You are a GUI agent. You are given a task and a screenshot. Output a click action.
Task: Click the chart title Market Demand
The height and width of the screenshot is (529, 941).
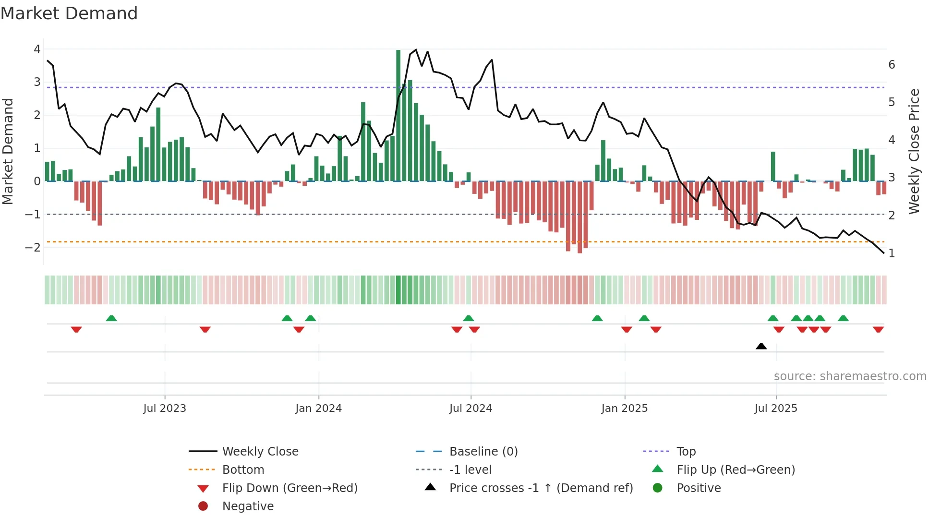tap(69, 13)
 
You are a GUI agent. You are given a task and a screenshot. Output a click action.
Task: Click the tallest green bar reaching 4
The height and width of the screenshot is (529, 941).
tap(398, 115)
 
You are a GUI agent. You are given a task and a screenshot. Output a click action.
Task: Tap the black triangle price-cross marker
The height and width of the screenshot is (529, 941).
tap(761, 346)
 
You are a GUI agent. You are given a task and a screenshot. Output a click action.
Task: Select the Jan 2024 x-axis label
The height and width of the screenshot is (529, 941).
tap(318, 409)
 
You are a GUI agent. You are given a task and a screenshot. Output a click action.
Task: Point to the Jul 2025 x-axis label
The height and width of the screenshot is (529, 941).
tap(775, 409)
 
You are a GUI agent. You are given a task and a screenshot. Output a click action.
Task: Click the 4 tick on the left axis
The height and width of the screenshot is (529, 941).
tap(37, 49)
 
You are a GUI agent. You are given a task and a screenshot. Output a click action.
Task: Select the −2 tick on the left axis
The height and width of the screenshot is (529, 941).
tap(33, 248)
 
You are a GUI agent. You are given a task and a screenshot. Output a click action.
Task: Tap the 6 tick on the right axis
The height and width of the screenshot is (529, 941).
tap(892, 65)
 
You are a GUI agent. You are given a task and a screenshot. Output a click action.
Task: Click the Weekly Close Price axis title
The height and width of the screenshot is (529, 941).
tap(914, 151)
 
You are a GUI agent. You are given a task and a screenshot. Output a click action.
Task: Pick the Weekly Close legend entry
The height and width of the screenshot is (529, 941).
tap(260, 452)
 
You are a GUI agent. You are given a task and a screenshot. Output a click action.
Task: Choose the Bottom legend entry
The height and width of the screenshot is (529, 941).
tap(243, 470)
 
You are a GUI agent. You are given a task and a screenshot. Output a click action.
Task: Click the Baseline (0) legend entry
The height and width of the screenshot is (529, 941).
tap(483, 452)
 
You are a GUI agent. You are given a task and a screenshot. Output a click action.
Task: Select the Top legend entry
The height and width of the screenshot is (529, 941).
tap(686, 452)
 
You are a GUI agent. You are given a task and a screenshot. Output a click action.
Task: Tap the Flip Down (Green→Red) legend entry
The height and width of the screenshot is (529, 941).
tap(290, 488)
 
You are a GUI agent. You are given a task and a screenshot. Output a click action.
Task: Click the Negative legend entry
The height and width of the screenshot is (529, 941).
tap(248, 506)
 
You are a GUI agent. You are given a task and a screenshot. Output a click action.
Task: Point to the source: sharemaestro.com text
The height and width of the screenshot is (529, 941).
tap(850, 376)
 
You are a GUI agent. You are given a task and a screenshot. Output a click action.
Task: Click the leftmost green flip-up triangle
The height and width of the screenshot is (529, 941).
tap(111, 318)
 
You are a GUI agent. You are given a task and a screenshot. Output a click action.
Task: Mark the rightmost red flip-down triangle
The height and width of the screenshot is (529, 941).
tap(878, 329)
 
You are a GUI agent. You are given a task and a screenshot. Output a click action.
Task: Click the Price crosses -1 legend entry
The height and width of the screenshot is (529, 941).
tap(541, 488)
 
